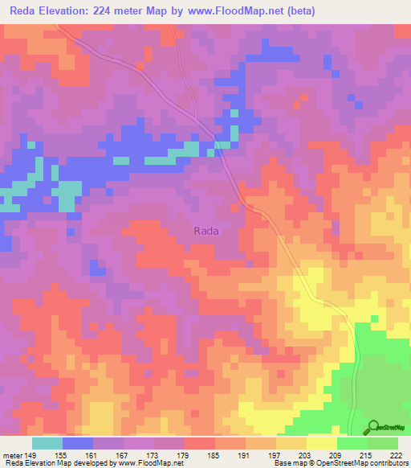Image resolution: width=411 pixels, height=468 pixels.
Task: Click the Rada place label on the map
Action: click(x=206, y=230)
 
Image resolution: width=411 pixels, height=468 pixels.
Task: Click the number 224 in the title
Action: click(x=107, y=11)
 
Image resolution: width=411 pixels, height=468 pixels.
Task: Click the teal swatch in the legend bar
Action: click(x=47, y=443)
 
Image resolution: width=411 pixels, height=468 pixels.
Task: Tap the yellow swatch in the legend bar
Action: click(x=322, y=443)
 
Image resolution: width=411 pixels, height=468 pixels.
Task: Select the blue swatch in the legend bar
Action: click(x=78, y=443)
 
